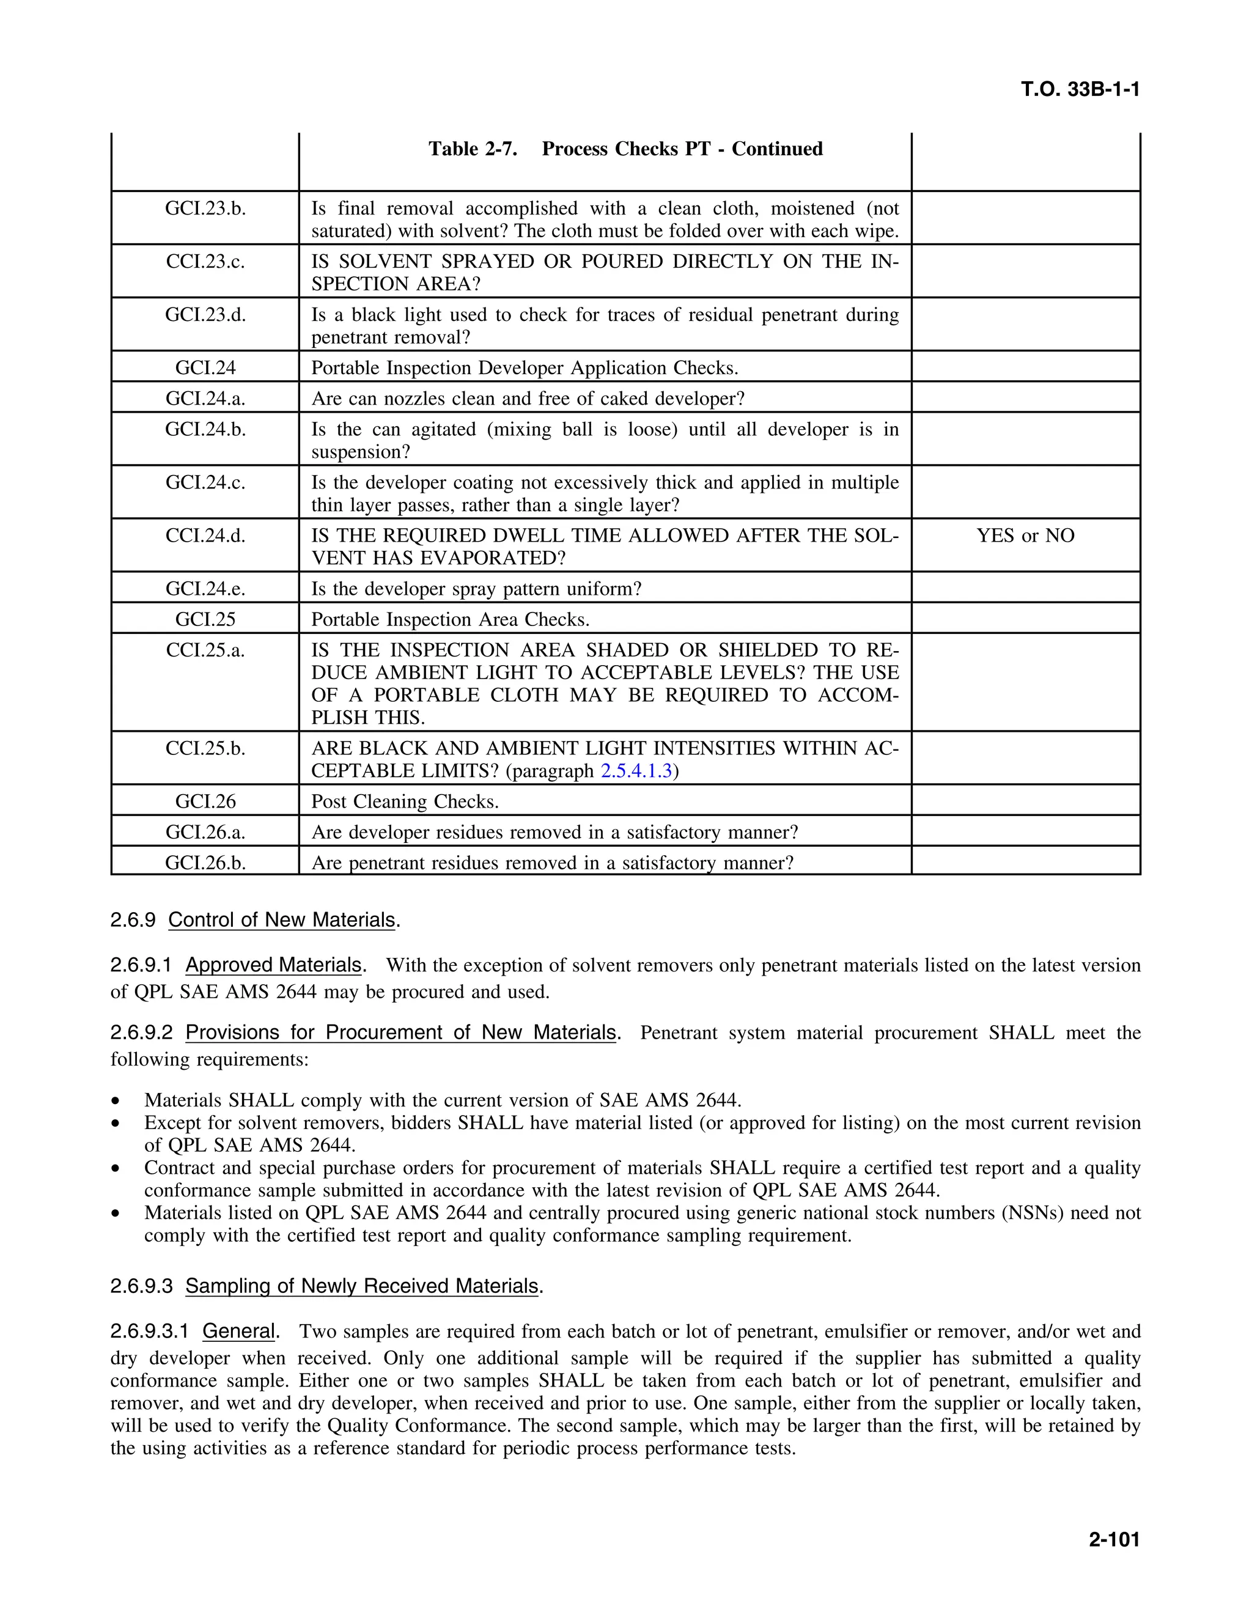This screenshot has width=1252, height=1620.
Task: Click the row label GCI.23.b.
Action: [x=205, y=208]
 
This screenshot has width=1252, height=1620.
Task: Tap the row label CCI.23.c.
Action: [x=205, y=262]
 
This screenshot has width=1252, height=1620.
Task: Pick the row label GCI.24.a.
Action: [x=205, y=399]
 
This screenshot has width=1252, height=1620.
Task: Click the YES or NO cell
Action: [x=1025, y=536]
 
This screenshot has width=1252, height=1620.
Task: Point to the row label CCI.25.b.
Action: [x=205, y=748]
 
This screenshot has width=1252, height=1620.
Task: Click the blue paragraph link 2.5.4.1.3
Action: [x=636, y=771]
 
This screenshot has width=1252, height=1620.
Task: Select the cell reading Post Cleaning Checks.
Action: [x=405, y=802]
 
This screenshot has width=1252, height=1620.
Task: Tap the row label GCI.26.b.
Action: [x=205, y=863]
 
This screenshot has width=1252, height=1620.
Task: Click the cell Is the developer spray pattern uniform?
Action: [x=476, y=589]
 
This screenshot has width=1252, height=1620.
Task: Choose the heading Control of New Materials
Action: [x=282, y=920]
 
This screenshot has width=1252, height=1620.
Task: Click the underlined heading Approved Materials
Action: [x=273, y=965]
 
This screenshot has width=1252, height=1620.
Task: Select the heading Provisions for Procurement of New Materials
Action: [x=400, y=1033]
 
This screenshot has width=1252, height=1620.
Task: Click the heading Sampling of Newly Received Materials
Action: [x=362, y=1286]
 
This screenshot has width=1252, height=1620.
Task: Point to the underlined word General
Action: [x=238, y=1331]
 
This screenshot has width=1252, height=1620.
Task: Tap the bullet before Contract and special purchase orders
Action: [x=115, y=1169]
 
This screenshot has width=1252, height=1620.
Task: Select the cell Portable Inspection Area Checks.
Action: [x=450, y=619]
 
